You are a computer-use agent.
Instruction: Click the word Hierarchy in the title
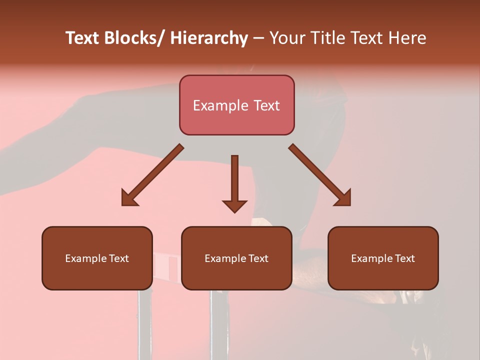point(209,38)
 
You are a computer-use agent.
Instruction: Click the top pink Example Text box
point(236,105)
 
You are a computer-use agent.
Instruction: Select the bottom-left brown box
point(97,258)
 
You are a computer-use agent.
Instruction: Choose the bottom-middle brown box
point(236,258)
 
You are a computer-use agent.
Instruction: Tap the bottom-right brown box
point(383,258)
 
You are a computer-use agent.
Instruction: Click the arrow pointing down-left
point(152,175)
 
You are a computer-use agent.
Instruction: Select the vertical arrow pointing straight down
point(234,182)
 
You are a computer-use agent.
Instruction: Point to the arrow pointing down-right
point(320,175)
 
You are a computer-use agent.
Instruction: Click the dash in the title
point(258,38)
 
